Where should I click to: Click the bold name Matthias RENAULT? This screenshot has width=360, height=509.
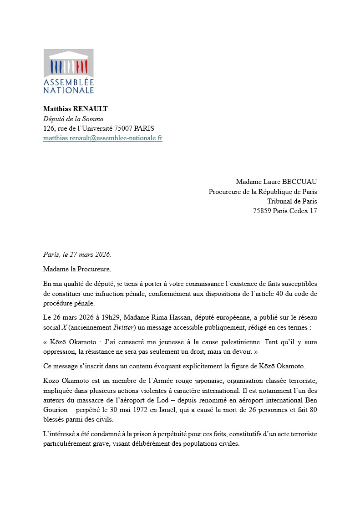75,109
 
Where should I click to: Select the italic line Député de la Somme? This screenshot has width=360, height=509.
73,119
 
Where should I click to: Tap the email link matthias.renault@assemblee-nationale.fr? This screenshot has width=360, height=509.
102,138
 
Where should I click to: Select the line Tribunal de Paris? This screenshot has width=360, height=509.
292,201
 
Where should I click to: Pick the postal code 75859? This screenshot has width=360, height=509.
262,211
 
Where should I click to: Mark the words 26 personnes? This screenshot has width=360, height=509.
265,410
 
